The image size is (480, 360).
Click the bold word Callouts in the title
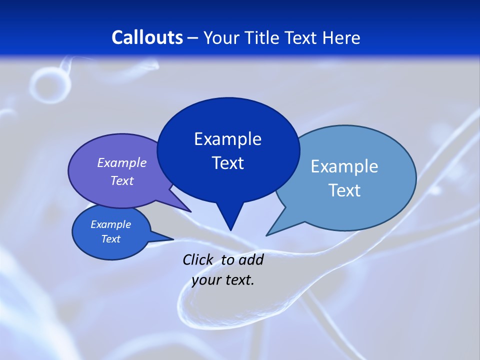pyautogui.click(x=147, y=38)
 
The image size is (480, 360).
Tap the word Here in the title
pyautogui.click(x=341, y=38)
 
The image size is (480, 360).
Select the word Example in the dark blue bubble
pyautogui.click(x=227, y=139)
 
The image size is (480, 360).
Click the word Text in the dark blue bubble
pyautogui.click(x=227, y=163)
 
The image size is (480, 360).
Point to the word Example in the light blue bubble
pyautogui.click(x=344, y=166)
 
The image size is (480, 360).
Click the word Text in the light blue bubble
pyautogui.click(x=344, y=190)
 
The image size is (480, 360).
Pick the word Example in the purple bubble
pyautogui.click(x=121, y=163)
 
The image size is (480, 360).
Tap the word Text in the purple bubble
pyautogui.click(x=121, y=180)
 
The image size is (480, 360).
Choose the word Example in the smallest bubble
pyautogui.click(x=110, y=224)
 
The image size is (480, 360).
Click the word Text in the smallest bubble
pyautogui.click(x=110, y=239)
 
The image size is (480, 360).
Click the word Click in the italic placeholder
pyautogui.click(x=198, y=259)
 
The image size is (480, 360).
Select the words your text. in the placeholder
pyautogui.click(x=223, y=280)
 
